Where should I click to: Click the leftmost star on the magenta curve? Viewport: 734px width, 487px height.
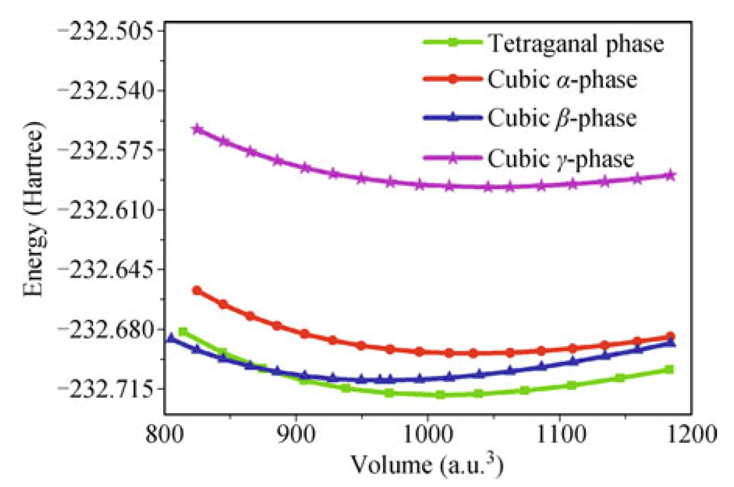pos(197,129)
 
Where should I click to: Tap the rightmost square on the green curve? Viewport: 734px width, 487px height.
pos(669,370)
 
